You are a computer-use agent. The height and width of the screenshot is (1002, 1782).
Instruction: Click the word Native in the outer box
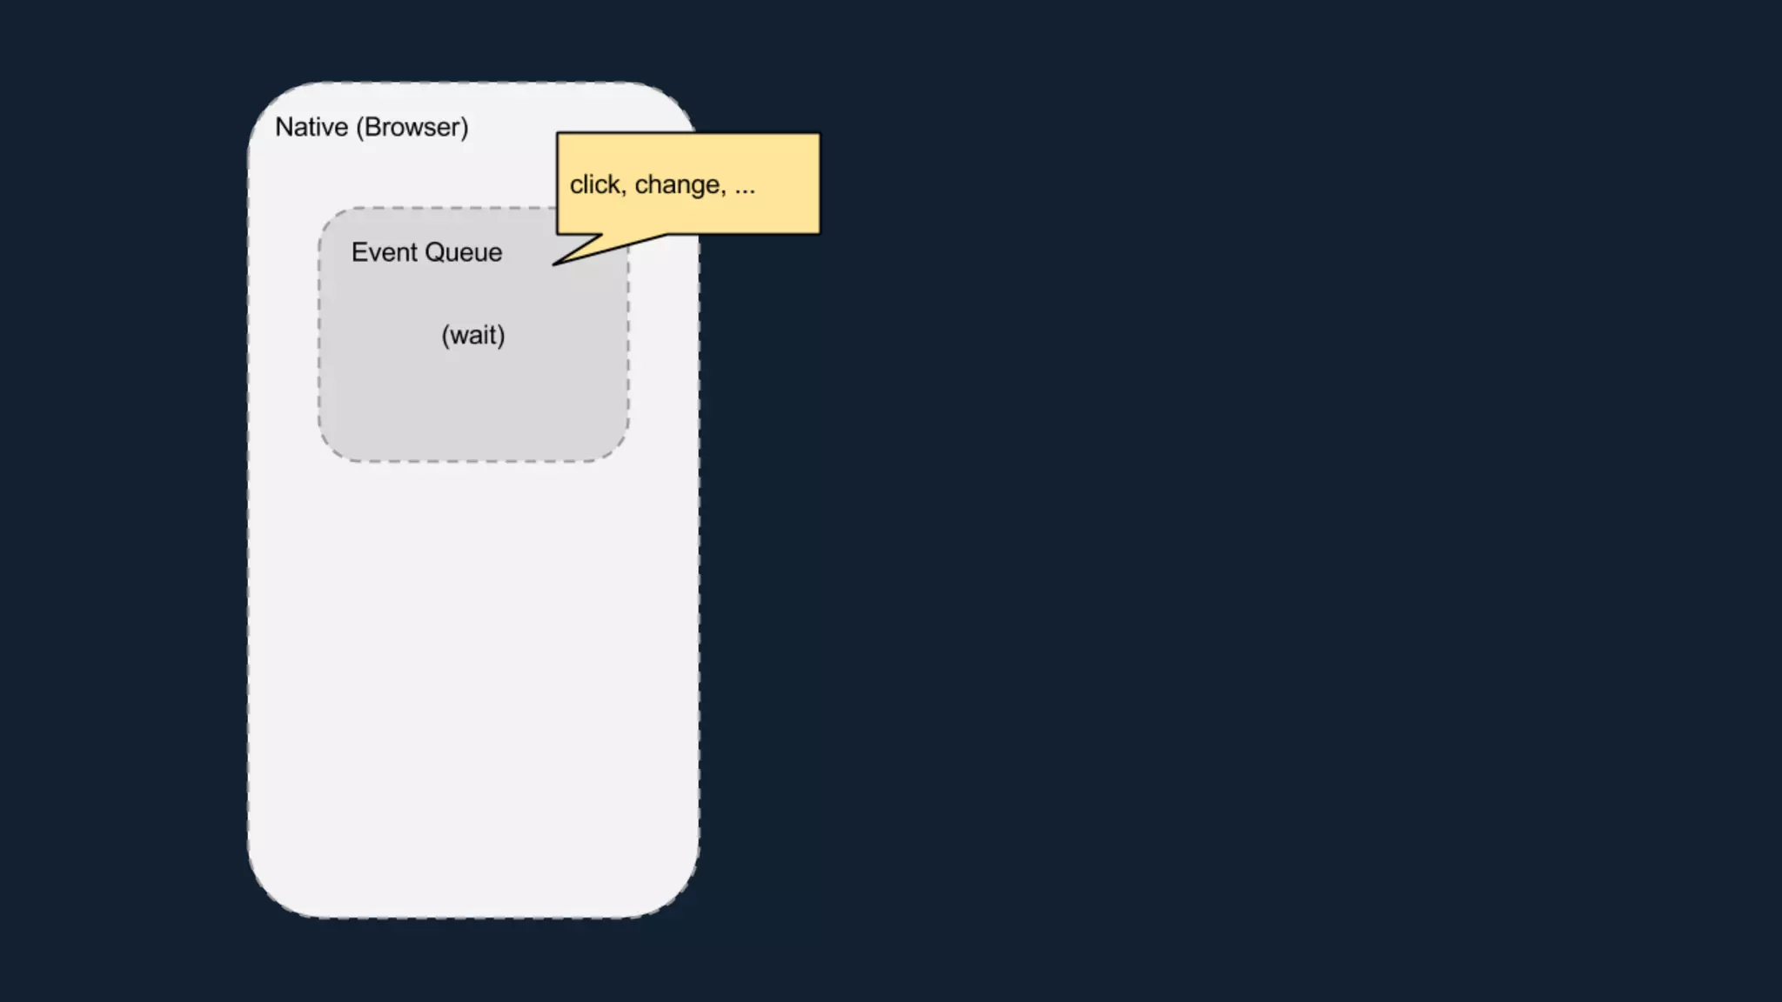pyautogui.click(x=312, y=127)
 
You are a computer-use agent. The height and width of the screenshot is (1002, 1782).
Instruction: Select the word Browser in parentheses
pyautogui.click(x=412, y=127)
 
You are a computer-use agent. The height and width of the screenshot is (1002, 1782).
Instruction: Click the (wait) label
pyautogui.click(x=473, y=335)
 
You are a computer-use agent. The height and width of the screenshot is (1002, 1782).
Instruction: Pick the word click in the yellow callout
pyautogui.click(x=595, y=184)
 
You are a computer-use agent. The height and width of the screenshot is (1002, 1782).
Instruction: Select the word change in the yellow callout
pyautogui.click(x=677, y=184)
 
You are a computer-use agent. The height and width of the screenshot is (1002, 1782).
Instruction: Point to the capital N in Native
pyautogui.click(x=284, y=127)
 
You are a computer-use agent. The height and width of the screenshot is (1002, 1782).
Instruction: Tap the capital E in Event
pyautogui.click(x=358, y=252)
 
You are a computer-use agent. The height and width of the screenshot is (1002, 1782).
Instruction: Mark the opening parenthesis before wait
pyautogui.click(x=445, y=335)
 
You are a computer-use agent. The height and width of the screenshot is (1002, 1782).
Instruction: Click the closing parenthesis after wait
pyautogui.click(x=501, y=335)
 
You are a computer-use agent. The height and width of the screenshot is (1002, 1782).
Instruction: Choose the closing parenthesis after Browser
pyautogui.click(x=465, y=127)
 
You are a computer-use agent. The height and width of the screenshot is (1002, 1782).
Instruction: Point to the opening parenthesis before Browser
pyautogui.click(x=360, y=127)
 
